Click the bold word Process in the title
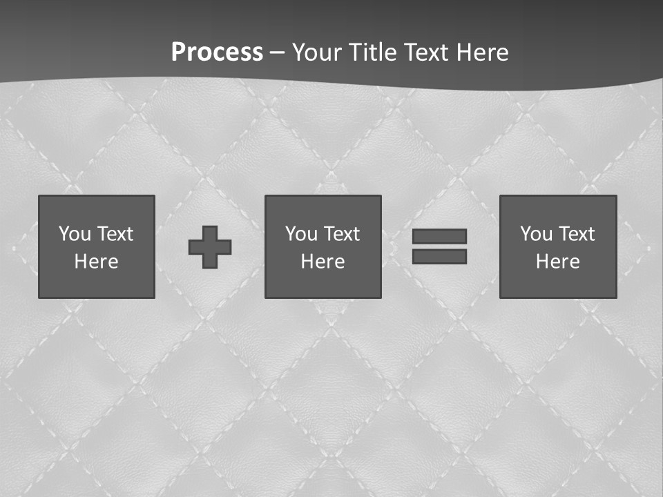click(217, 52)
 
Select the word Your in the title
click(316, 52)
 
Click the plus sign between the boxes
click(210, 246)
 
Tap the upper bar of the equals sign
click(439, 236)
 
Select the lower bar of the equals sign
click(439, 256)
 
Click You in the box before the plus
click(75, 234)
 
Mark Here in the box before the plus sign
click(96, 262)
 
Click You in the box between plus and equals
click(301, 234)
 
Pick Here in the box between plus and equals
click(323, 262)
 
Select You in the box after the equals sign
click(536, 234)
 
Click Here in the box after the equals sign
click(557, 262)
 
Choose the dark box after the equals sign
click(558, 283)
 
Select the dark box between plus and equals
click(323, 283)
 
